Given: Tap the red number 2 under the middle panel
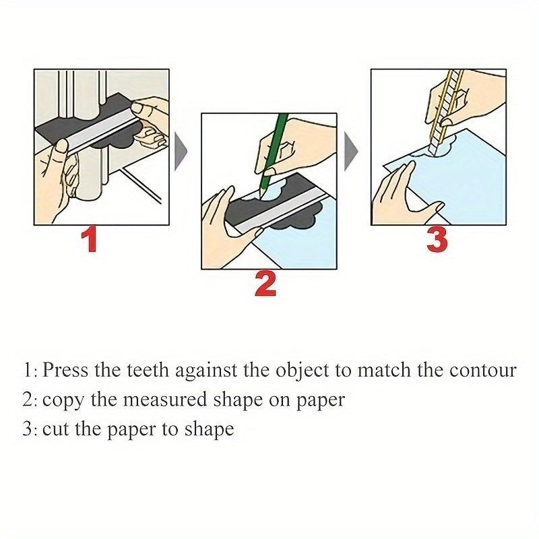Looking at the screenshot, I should [x=265, y=284].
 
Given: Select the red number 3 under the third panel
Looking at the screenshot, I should [x=436, y=241].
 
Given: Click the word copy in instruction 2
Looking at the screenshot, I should [x=63, y=400].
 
